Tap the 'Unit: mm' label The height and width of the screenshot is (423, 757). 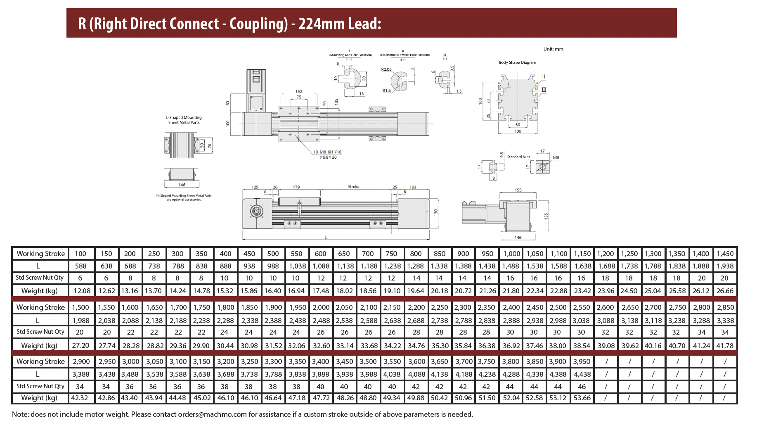(553, 49)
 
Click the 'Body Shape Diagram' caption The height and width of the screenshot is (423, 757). (517, 63)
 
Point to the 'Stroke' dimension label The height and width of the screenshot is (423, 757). (354, 187)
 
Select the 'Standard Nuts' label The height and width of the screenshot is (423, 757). (518, 157)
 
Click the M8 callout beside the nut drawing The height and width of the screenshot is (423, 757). (556, 158)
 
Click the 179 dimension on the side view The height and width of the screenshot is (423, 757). (296, 187)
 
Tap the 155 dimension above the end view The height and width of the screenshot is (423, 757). (518, 190)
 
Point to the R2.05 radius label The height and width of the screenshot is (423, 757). (386, 69)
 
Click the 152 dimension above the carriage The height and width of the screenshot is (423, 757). (299, 91)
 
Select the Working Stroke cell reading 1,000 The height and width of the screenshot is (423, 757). (511, 254)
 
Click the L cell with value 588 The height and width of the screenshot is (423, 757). (81, 266)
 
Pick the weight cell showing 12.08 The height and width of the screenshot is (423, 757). (82, 291)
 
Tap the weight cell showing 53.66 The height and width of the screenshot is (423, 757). (582, 398)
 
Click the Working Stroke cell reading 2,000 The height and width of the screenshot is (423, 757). (321, 307)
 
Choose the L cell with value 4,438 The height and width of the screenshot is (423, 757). (582, 374)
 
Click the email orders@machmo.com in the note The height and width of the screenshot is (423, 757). (212, 414)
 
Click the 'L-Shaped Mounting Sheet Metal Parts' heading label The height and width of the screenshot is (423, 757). (184, 120)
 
